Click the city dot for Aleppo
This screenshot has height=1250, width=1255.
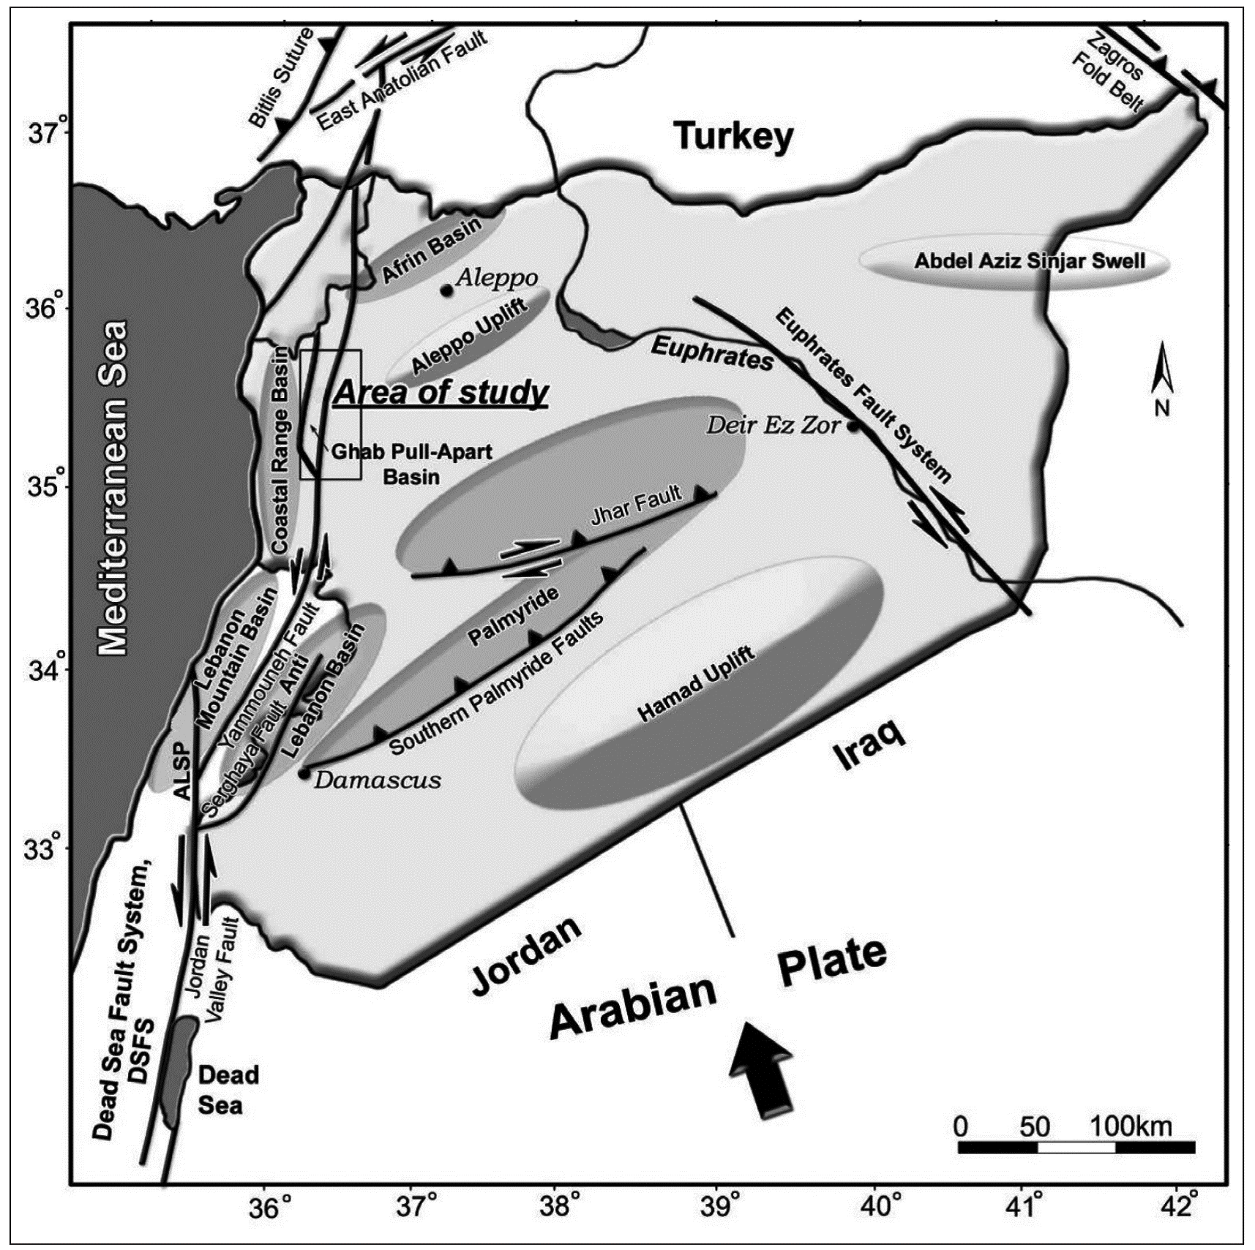pyautogui.click(x=446, y=290)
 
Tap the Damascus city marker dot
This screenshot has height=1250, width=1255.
pyautogui.click(x=304, y=773)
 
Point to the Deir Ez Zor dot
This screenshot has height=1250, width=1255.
pyautogui.click(x=853, y=426)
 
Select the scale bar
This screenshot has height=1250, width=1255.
pyautogui.click(x=1076, y=1146)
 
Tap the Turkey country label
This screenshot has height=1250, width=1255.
pyautogui.click(x=733, y=137)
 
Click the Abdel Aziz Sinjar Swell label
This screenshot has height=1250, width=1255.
pyautogui.click(x=1029, y=261)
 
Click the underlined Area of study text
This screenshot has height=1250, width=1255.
pyautogui.click(x=441, y=394)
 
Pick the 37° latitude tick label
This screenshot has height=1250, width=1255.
pyautogui.click(x=45, y=134)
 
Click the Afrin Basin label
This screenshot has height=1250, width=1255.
pyautogui.click(x=431, y=249)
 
